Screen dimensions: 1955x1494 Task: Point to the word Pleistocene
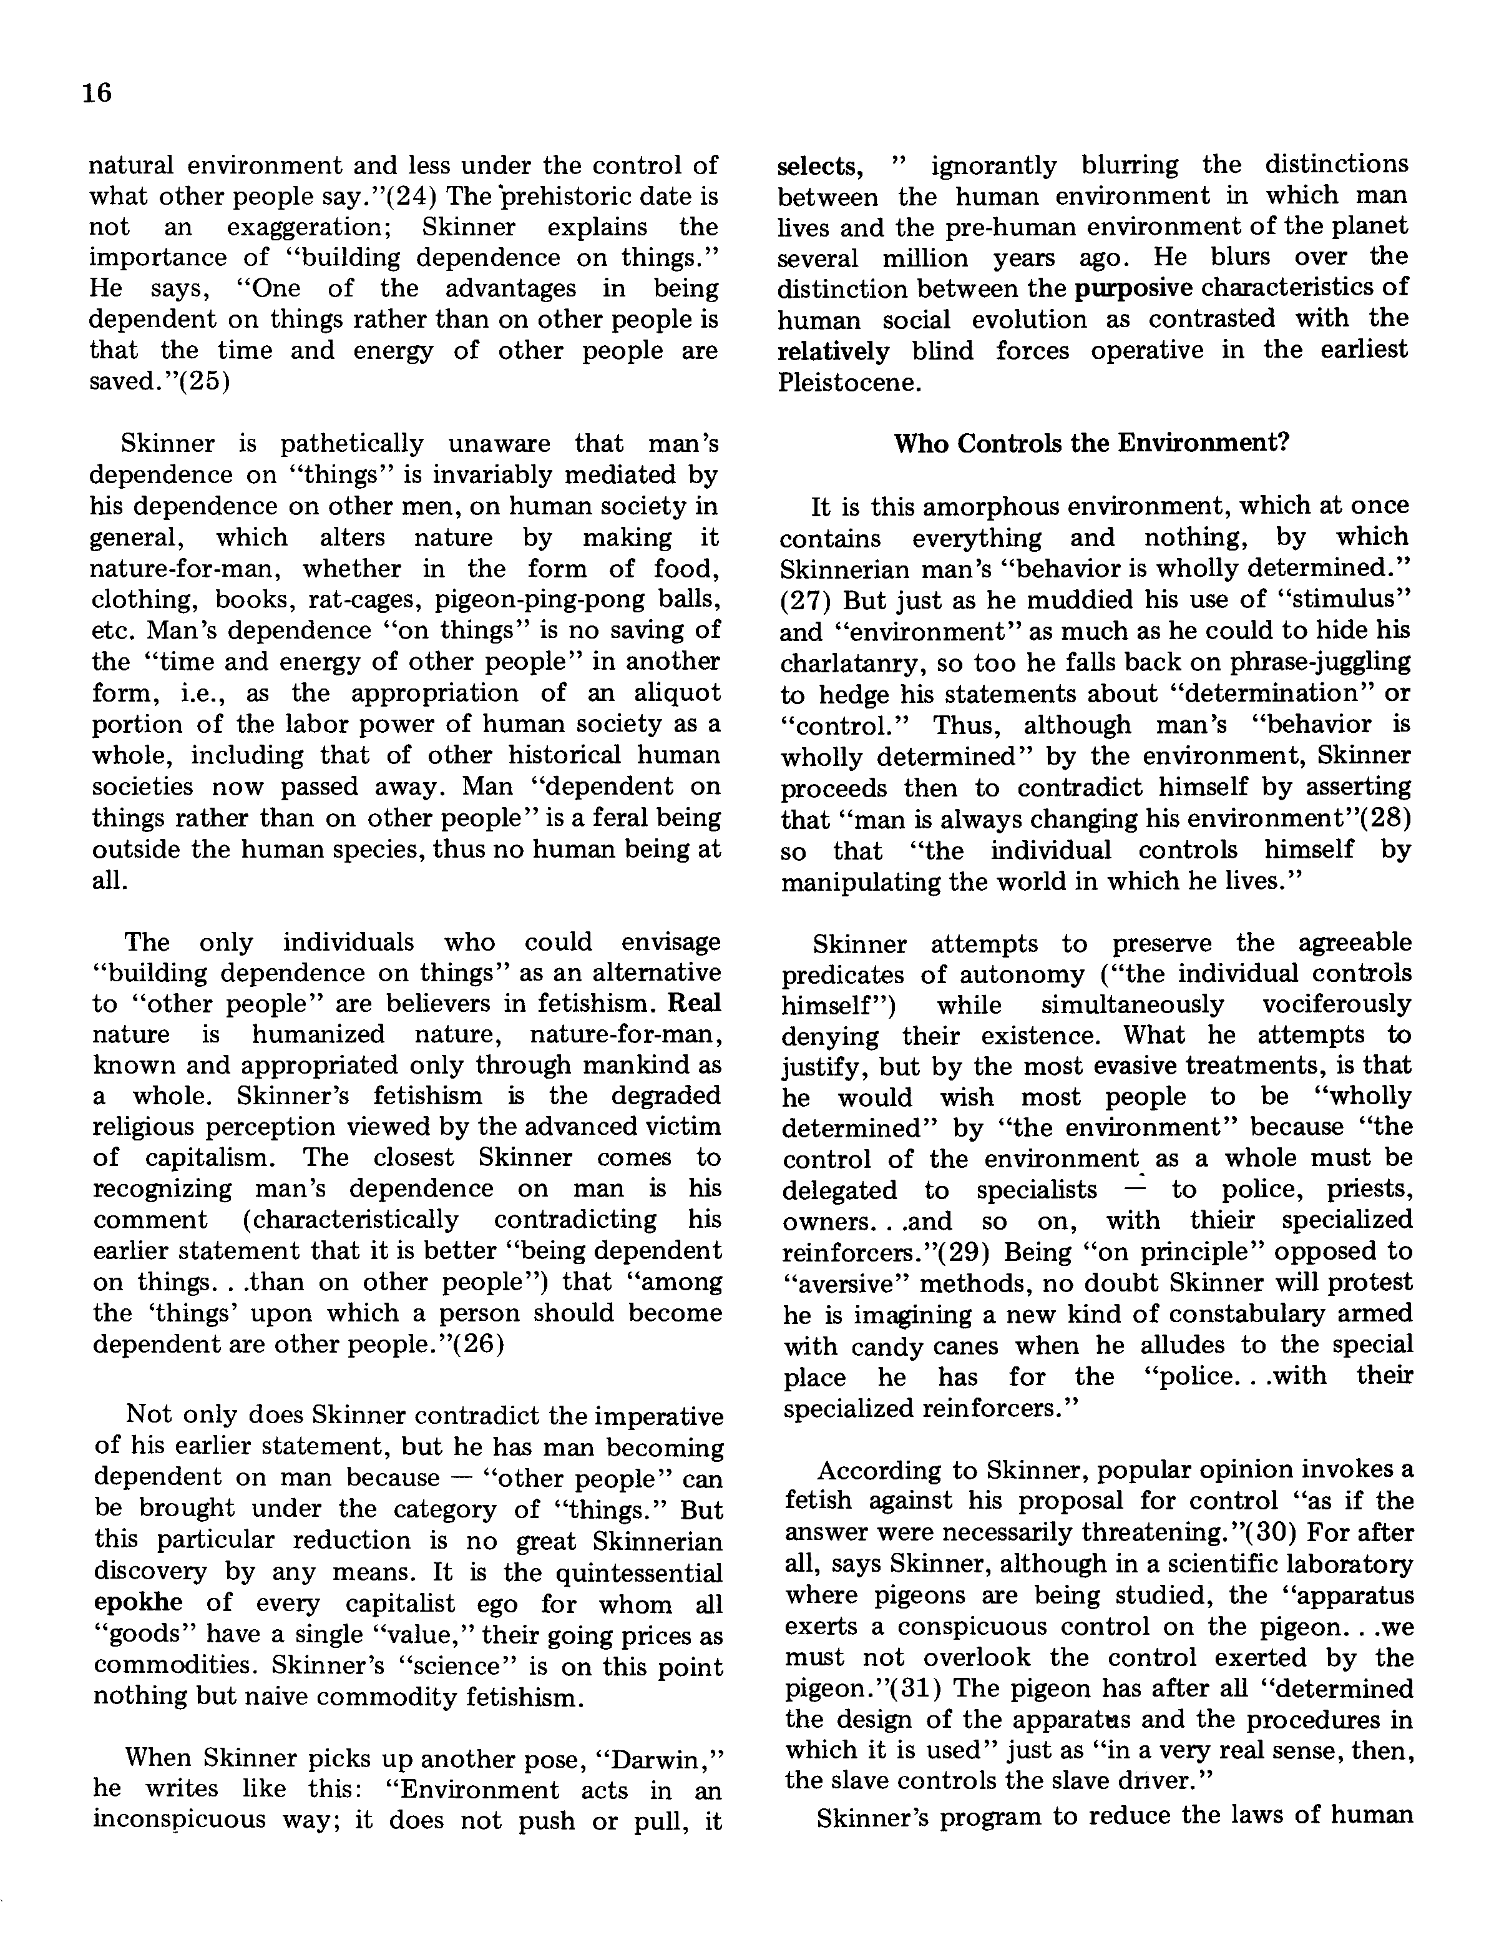tap(850, 383)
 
